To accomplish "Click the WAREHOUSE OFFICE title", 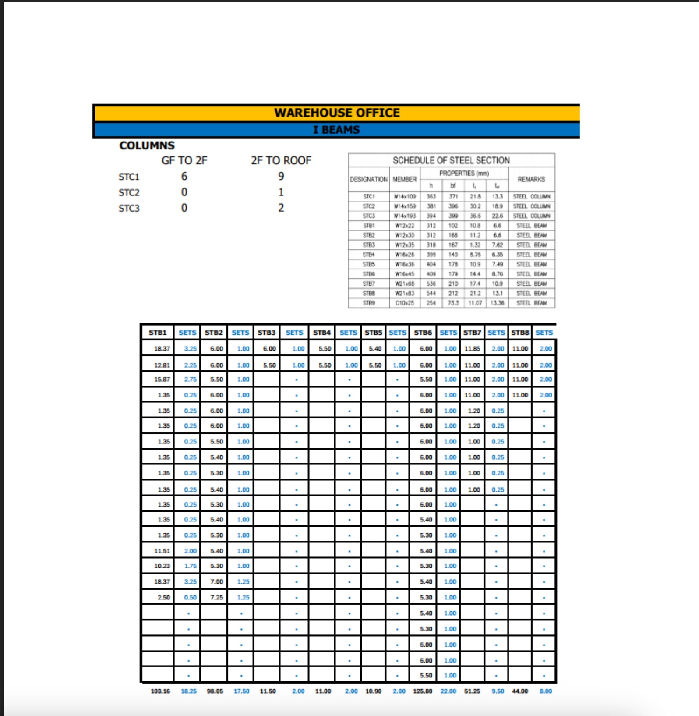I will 337,113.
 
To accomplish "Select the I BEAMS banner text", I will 336,130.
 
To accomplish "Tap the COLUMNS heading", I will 147,145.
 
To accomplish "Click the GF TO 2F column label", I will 184,161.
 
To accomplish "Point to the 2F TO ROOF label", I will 281,161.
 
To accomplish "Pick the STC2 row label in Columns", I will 129,193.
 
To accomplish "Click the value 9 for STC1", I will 281,176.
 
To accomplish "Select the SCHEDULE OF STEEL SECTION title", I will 451,160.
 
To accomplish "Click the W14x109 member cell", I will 405,197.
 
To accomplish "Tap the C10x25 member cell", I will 405,303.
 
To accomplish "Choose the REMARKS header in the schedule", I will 531,179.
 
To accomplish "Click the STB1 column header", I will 158,333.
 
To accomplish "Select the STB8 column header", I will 520,333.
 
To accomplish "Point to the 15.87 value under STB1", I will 162,379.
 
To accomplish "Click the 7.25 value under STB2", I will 216,597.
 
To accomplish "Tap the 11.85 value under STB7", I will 472,349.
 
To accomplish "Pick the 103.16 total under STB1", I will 160,691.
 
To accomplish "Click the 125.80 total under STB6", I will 423,691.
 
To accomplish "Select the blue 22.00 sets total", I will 448,691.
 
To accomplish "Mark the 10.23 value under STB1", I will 162,566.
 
